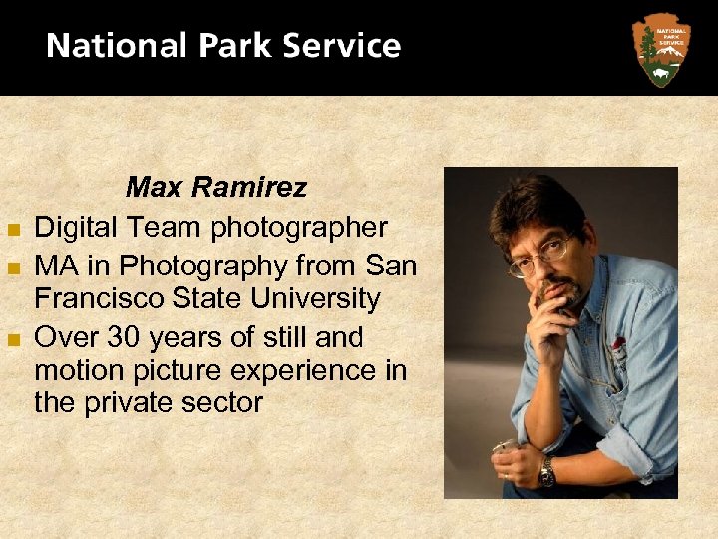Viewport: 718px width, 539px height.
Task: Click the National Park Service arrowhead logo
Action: pos(661,49)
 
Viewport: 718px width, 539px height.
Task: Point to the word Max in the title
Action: pos(153,187)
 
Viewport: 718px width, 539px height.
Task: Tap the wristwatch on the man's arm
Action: pos(546,471)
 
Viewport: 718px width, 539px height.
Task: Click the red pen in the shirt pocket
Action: pos(619,345)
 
